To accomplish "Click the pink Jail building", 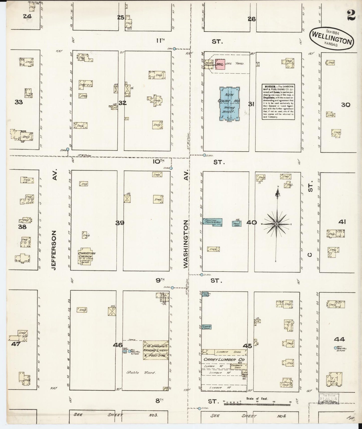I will pyautogui.click(x=220, y=64).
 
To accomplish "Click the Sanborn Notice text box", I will pyautogui.click(x=278, y=102).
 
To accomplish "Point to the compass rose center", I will pyautogui.click(x=276, y=224).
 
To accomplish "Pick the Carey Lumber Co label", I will pyautogui.click(x=224, y=359).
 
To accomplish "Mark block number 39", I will pyautogui.click(x=119, y=223).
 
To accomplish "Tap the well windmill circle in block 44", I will pyautogui.click(x=335, y=347).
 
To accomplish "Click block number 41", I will pyautogui.click(x=342, y=222).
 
